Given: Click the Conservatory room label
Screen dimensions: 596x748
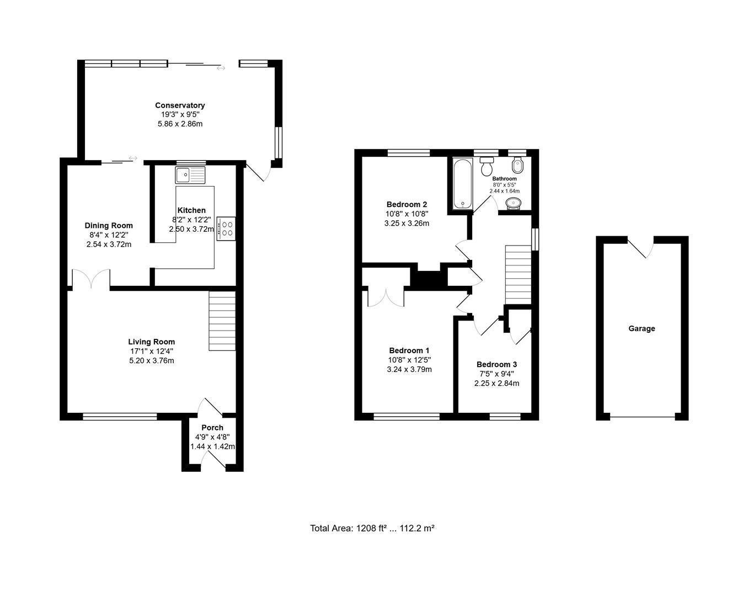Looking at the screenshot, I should (x=180, y=105).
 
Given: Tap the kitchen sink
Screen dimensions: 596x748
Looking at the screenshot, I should (x=190, y=175).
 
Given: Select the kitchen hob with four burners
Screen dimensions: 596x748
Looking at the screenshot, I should (x=226, y=228).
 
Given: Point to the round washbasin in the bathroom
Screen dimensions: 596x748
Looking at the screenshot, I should (x=513, y=203).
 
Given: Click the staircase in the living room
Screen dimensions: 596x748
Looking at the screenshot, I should (x=222, y=321).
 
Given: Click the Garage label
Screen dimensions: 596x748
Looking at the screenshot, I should (x=642, y=329).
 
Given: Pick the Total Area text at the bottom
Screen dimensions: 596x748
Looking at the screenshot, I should (x=372, y=528).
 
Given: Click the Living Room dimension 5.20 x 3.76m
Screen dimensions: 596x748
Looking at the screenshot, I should (x=151, y=361).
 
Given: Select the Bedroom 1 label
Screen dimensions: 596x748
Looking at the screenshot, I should (x=409, y=350).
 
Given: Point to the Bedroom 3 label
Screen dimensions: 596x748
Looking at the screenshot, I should (x=496, y=364).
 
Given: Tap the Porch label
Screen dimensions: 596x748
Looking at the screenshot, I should (x=212, y=428).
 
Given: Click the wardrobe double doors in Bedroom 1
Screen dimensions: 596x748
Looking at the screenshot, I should (x=386, y=296).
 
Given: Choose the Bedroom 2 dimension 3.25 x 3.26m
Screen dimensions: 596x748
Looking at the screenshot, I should (x=407, y=223).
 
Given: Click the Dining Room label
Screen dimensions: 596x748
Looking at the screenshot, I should (x=109, y=226).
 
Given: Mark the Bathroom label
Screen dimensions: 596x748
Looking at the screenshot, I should (x=504, y=179).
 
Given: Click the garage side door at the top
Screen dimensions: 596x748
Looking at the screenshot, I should (x=641, y=247).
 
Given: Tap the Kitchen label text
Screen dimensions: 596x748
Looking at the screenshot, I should (x=191, y=210).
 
